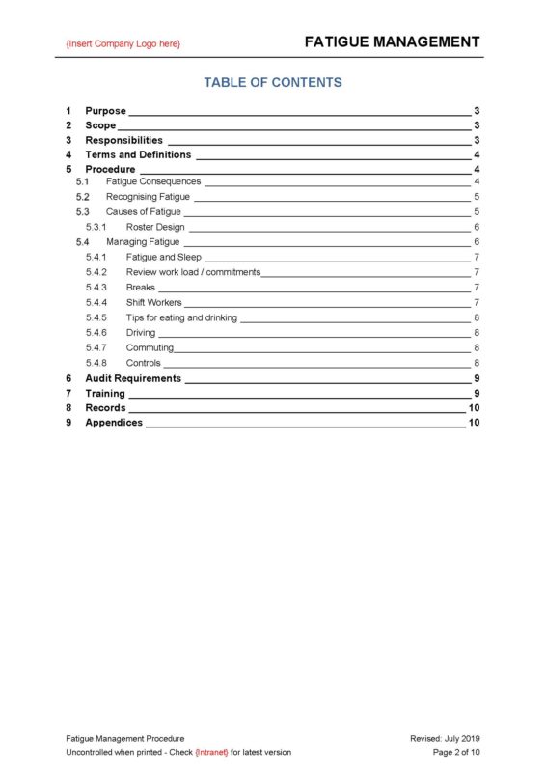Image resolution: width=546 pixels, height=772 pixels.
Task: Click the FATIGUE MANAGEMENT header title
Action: point(392,41)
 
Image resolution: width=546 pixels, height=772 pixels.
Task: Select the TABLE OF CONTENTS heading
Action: point(273,82)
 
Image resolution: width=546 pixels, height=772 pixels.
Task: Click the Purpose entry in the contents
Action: point(105,111)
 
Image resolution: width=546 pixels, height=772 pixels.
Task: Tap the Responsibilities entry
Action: point(123,140)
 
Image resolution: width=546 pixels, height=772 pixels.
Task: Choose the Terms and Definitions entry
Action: point(138,154)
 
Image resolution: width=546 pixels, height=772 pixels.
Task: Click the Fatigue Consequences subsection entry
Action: point(153,181)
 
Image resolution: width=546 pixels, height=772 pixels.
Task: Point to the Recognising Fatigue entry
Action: point(148,197)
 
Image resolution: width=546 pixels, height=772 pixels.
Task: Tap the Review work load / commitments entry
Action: point(193,272)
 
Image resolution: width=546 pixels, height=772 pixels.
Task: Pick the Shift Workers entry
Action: point(153,303)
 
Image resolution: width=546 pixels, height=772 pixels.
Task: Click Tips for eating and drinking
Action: point(181,317)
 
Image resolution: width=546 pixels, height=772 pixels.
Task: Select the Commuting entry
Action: point(150,347)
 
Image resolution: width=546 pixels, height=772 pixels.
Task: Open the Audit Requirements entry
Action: point(132,378)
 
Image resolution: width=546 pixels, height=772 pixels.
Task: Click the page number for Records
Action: point(474,408)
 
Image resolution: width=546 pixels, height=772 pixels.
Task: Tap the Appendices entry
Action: point(113,423)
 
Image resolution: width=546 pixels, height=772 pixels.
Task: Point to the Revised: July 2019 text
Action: point(445,737)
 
